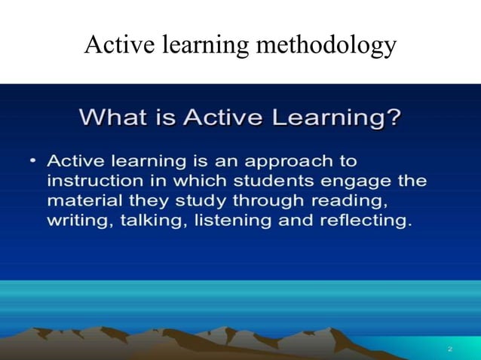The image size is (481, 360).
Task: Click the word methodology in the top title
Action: pyautogui.click(x=326, y=46)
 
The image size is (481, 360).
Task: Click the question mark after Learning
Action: pyautogui.click(x=392, y=118)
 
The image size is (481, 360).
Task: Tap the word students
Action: pyautogui.click(x=262, y=182)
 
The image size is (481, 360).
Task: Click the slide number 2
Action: pyautogui.click(x=449, y=349)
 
